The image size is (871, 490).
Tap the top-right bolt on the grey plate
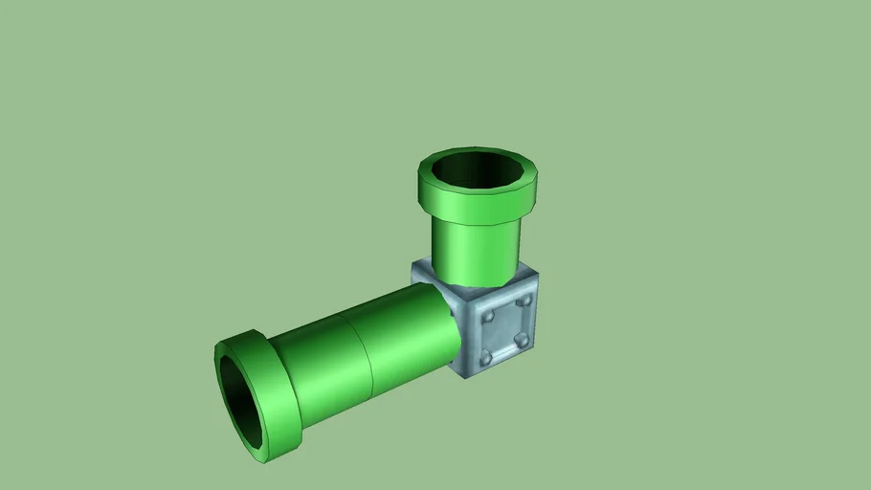pos(524,301)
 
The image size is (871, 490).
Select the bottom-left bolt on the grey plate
pos(486,357)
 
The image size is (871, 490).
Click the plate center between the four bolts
pos(505,328)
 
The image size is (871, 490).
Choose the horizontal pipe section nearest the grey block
pos(407,330)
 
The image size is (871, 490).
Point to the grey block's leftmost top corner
pos(414,268)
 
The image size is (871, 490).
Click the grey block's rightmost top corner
pos(537,274)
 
